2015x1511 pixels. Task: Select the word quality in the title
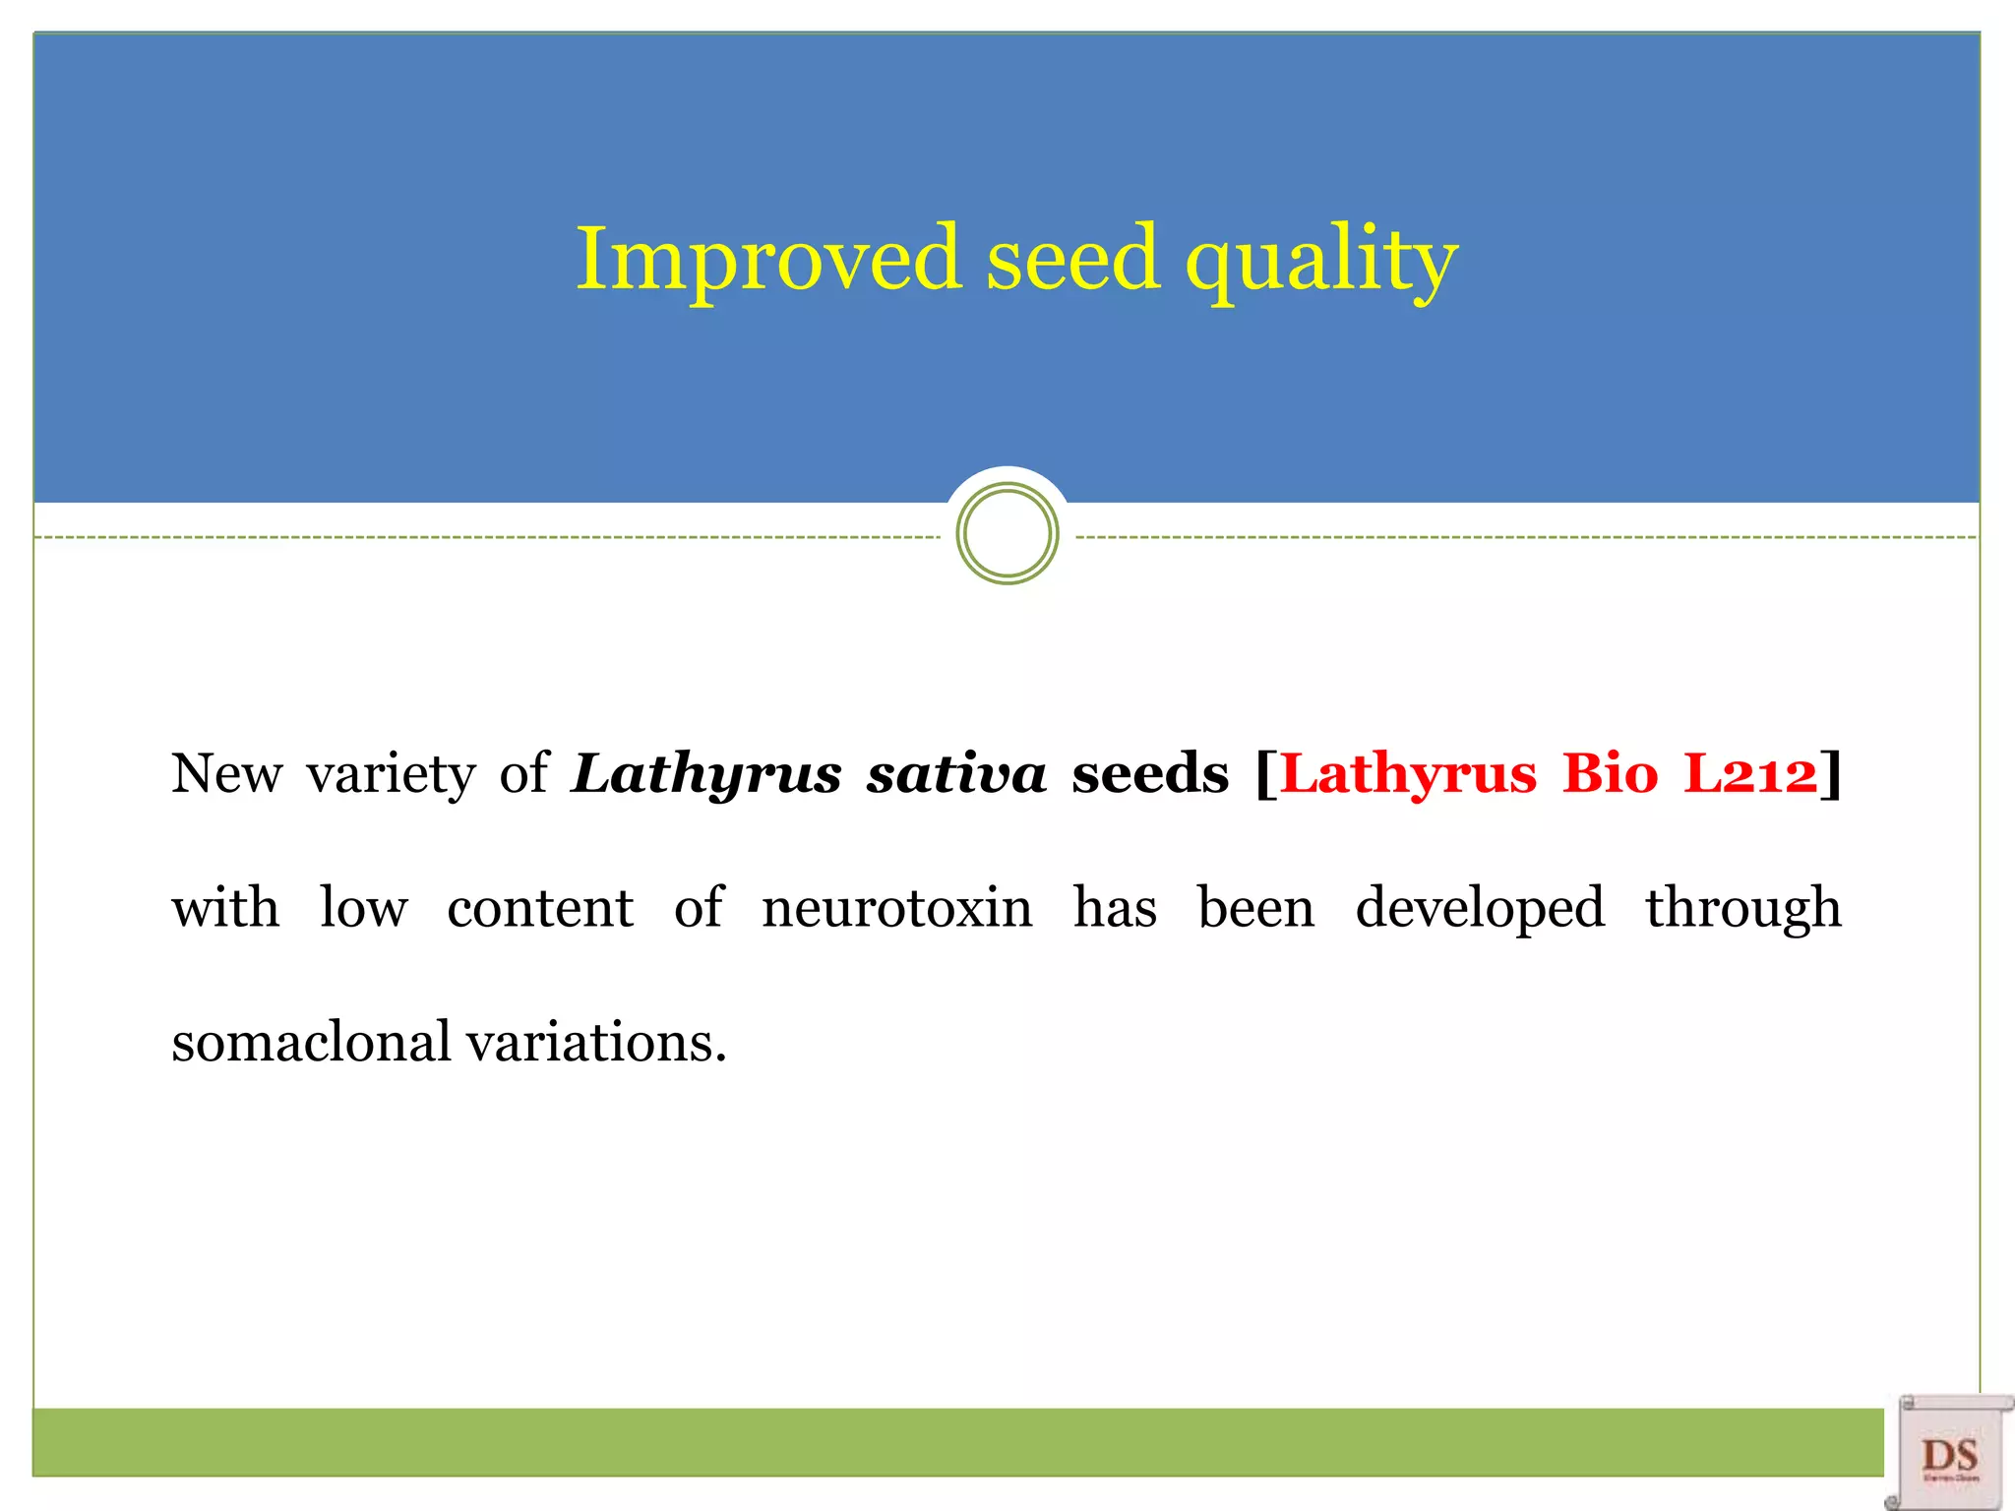pyautogui.click(x=1320, y=261)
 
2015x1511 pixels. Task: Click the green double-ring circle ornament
pyautogui.click(x=1007, y=534)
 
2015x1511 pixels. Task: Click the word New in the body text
pyautogui.click(x=226, y=773)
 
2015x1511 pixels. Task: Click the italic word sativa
pyautogui.click(x=956, y=773)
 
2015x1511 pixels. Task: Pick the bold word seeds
pyautogui.click(x=1150, y=773)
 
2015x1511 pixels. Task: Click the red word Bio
pyautogui.click(x=1611, y=773)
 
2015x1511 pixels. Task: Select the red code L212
pyautogui.click(x=1750, y=773)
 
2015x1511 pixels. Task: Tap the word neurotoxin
pyautogui.click(x=897, y=907)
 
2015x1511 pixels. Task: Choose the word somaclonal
pyautogui.click(x=311, y=1042)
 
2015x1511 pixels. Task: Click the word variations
pyautogui.click(x=596, y=1042)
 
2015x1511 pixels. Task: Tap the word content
pyautogui.click(x=540, y=908)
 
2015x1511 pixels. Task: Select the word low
pyautogui.click(x=363, y=907)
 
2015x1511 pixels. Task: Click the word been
pyautogui.click(x=1255, y=907)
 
